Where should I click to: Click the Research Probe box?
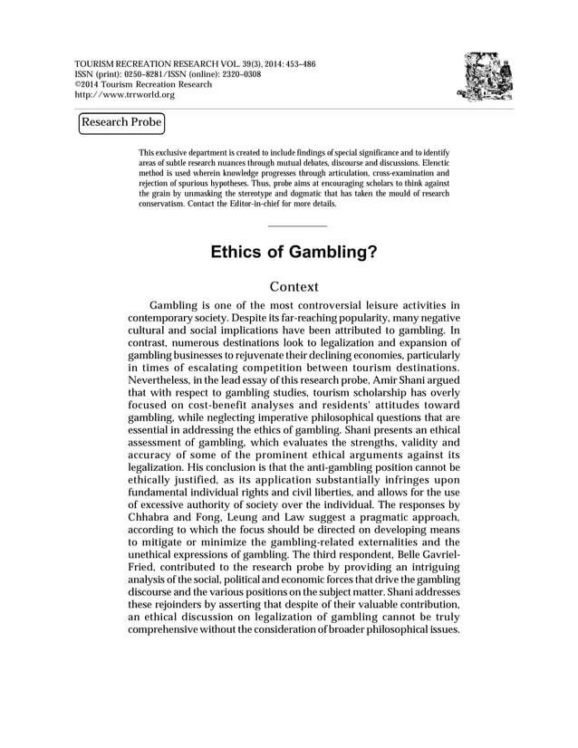coord(121,122)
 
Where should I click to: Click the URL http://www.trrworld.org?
coord(123,95)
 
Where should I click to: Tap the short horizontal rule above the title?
coord(298,224)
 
